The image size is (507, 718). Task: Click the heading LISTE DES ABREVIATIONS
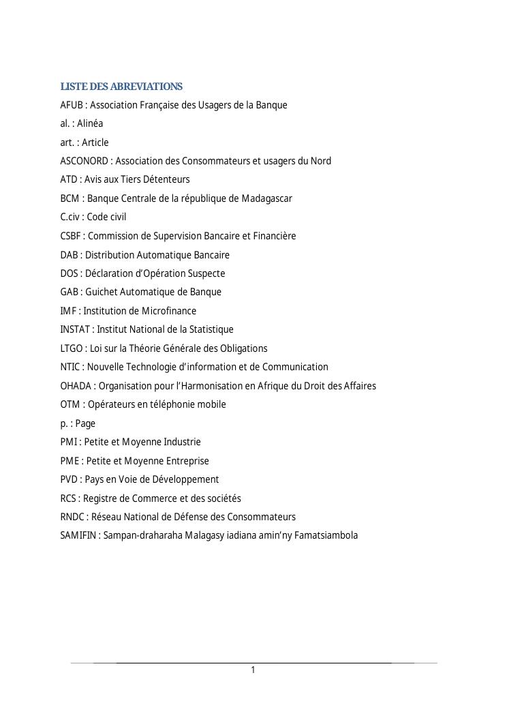(121, 87)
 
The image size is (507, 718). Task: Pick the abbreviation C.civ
(70, 217)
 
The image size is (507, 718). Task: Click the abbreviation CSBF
(71, 236)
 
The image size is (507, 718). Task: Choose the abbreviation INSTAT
(74, 329)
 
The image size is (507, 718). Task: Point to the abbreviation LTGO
(72, 348)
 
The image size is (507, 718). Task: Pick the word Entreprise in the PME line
(185, 461)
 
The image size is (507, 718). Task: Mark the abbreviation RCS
(69, 498)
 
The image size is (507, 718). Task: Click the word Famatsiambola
(326, 535)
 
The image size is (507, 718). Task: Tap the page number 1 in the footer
(253, 670)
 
